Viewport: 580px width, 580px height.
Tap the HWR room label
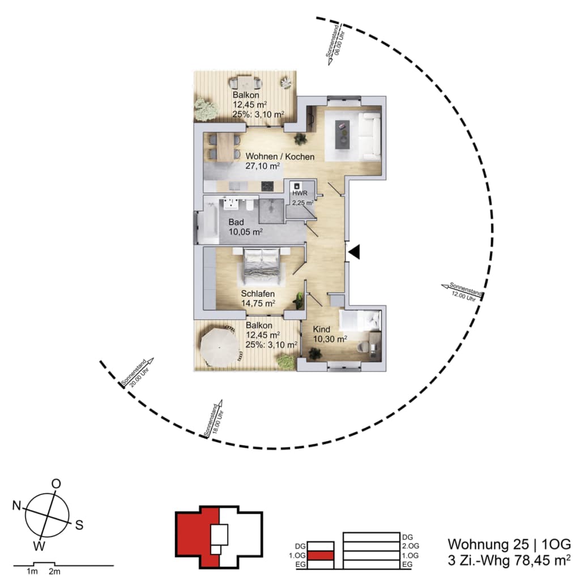pyautogui.click(x=300, y=193)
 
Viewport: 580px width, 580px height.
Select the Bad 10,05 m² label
pyautogui.click(x=245, y=227)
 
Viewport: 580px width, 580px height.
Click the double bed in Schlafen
pyautogui.click(x=262, y=267)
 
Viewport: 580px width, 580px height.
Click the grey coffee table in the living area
pyautogui.click(x=342, y=135)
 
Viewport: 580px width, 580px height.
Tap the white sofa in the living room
pyautogui.click(x=369, y=134)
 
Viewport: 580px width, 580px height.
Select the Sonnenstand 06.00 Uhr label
pyautogui.click(x=335, y=41)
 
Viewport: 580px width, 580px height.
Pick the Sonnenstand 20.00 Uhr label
pyautogui.click(x=136, y=373)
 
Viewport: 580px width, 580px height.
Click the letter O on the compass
pyautogui.click(x=56, y=484)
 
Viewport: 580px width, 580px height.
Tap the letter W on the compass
pyautogui.click(x=39, y=545)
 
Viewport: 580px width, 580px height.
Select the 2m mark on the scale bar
pyautogui.click(x=54, y=572)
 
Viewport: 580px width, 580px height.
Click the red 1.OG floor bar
pyautogui.click(x=321, y=556)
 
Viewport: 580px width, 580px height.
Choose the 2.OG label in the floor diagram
pyautogui.click(x=411, y=546)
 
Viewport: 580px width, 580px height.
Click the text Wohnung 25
pyautogui.click(x=488, y=545)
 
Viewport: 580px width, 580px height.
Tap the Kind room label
pyautogui.click(x=322, y=329)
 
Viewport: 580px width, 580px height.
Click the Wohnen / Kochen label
pyautogui.click(x=280, y=156)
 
